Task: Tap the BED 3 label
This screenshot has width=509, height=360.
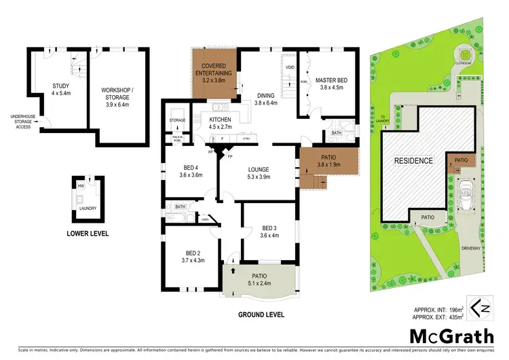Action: [269, 228]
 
